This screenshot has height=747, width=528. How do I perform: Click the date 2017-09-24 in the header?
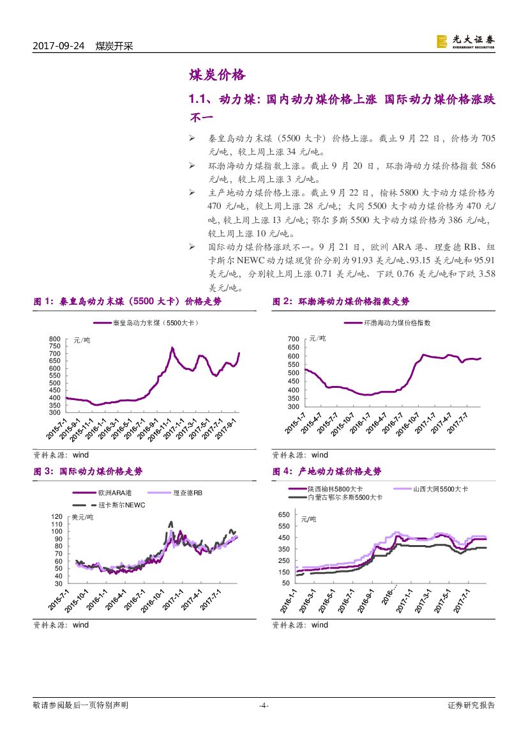[x=59, y=46]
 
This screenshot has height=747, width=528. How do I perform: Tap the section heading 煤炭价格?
[x=217, y=75]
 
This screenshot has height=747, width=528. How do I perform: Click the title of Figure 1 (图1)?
[x=127, y=302]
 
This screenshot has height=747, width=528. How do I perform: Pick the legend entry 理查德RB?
[x=188, y=493]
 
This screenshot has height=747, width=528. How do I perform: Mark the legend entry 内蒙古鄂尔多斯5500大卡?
[x=345, y=497]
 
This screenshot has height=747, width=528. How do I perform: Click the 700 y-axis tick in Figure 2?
[x=293, y=339]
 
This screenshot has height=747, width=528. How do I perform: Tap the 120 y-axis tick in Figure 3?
[x=57, y=516]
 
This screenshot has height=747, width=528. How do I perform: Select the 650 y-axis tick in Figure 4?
[x=285, y=515]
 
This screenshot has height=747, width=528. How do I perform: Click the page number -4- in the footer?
[x=263, y=705]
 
